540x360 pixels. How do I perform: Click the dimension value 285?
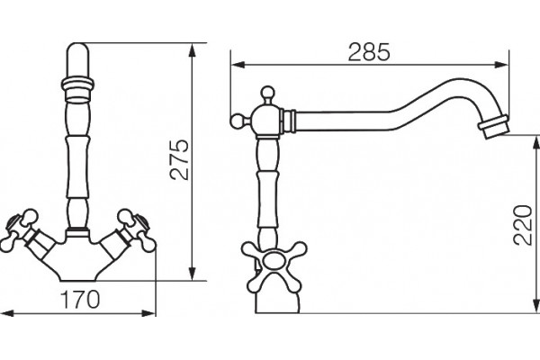click(369, 52)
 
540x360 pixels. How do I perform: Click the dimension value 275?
click(180, 159)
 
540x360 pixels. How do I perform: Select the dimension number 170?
click(80, 300)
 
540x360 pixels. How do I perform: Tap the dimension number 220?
click(523, 225)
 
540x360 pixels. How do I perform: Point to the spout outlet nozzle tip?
click(494, 127)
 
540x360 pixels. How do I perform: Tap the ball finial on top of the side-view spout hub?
click(267, 94)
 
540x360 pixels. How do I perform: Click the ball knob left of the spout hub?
click(238, 121)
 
